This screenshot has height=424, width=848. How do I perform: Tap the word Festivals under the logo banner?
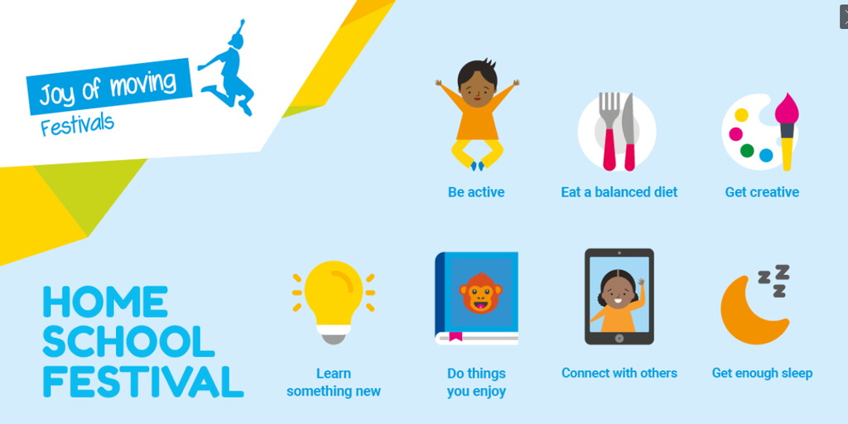click(77, 125)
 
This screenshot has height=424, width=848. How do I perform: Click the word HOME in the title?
click(105, 301)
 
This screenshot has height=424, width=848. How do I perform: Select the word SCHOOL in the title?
click(128, 342)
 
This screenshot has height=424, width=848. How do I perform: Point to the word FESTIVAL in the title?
click(143, 382)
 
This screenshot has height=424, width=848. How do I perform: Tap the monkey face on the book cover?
click(480, 292)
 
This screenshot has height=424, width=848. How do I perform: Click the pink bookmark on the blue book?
click(455, 336)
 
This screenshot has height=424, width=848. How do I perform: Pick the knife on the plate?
click(629, 132)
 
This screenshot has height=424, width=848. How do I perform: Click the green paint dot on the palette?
click(747, 151)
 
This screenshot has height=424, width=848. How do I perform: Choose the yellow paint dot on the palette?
click(741, 114)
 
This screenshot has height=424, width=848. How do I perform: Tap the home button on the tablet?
click(619, 338)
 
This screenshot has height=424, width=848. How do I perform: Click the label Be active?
click(476, 192)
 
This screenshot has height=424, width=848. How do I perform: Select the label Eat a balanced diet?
click(619, 192)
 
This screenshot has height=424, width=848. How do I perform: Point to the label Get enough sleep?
click(762, 373)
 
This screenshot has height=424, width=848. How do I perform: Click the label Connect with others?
click(619, 373)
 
